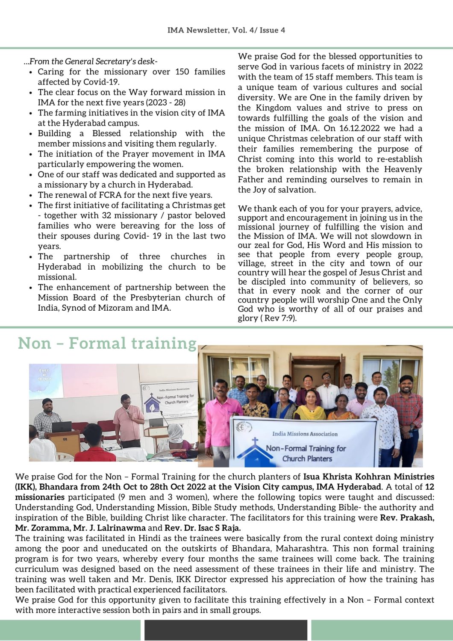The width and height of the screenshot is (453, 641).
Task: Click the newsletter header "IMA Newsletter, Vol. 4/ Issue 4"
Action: pyautogui.click(x=226, y=30)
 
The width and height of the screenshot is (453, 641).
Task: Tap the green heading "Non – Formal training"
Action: pyautogui.click(x=107, y=343)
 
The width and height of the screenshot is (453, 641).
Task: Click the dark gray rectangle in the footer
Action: pyautogui.click(x=226, y=630)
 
